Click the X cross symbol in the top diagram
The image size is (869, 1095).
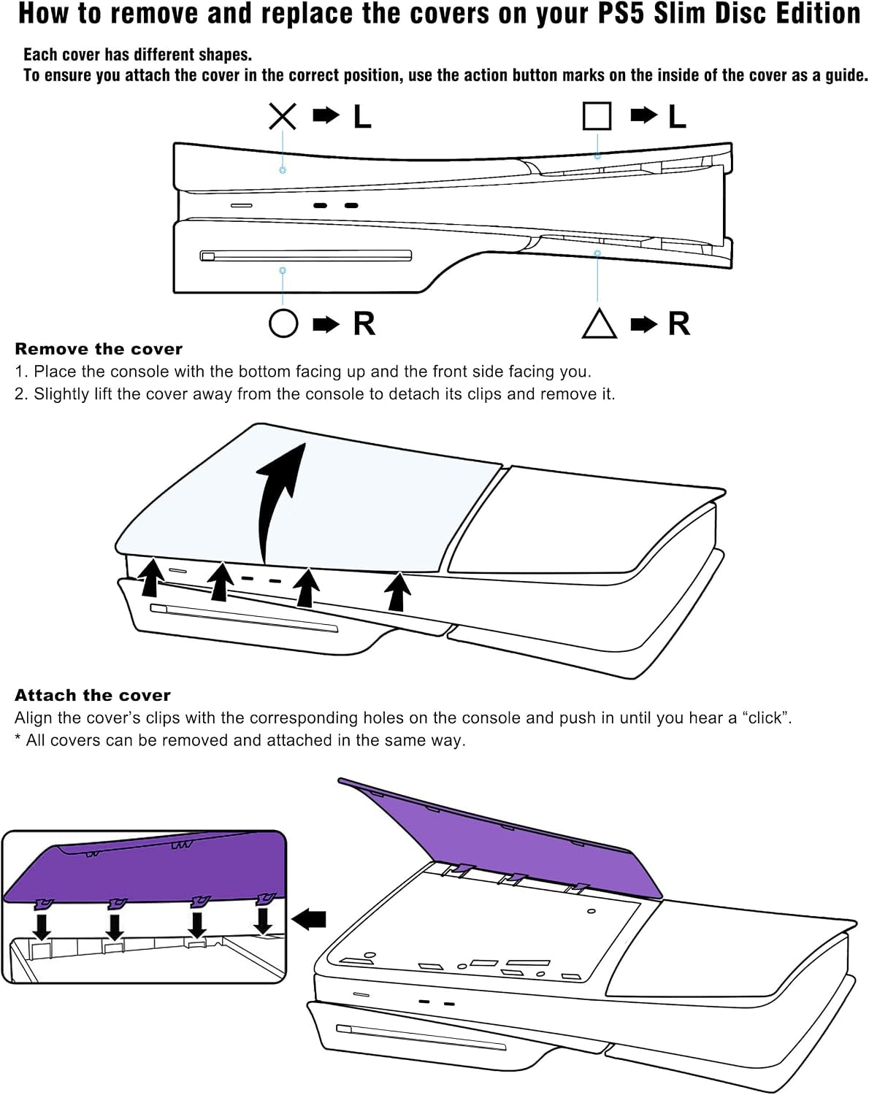[x=283, y=117]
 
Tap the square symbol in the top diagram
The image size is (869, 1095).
[x=597, y=116]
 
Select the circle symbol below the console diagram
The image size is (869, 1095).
[x=283, y=323]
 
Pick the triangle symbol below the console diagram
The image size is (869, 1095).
[x=600, y=323]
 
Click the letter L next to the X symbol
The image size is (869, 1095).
[x=362, y=117]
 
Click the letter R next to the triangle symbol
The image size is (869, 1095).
[x=679, y=323]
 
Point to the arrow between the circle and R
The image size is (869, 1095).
[x=326, y=323]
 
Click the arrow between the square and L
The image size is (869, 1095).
[x=644, y=115]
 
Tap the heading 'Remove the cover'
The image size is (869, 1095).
[x=99, y=349]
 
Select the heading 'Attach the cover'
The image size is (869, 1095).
[x=93, y=695]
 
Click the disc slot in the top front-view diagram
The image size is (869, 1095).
[x=305, y=255]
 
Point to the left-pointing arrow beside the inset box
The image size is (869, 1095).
[x=308, y=919]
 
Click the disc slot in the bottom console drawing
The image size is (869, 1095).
[x=421, y=1037]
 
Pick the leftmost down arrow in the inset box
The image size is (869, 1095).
[x=42, y=927]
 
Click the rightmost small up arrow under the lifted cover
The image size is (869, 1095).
[x=397, y=592]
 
